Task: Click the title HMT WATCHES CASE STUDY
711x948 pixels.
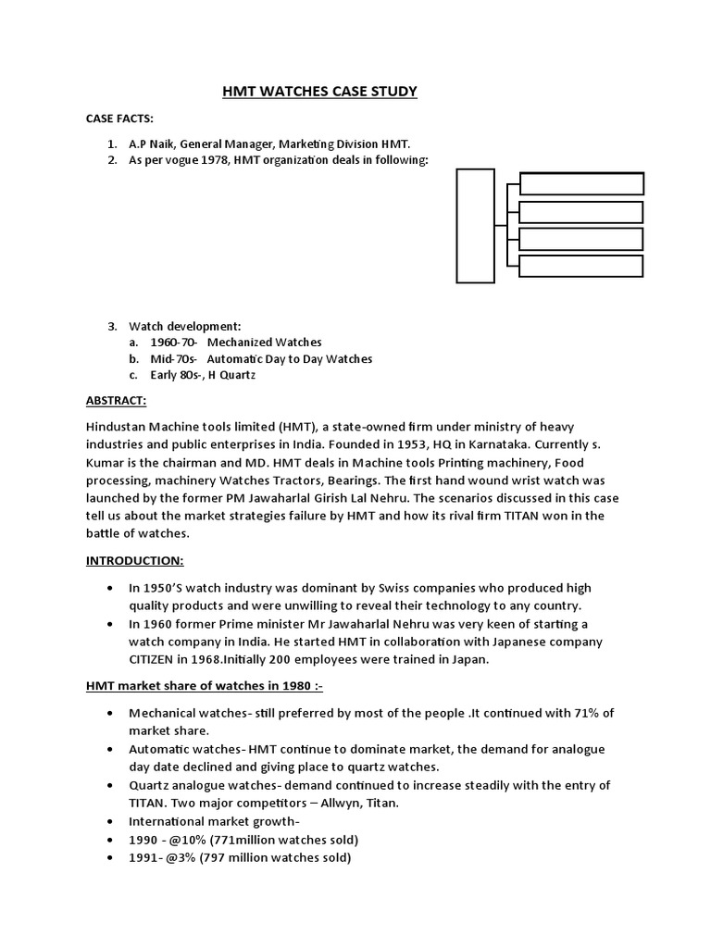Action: tap(319, 91)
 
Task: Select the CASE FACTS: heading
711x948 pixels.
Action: tap(119, 119)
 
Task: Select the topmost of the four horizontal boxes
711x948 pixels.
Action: tap(580, 183)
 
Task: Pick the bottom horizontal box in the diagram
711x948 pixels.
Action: tap(580, 266)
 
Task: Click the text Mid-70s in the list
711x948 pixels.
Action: tap(174, 358)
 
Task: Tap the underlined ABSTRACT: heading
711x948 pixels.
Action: tap(117, 401)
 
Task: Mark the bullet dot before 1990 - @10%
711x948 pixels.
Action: tap(111, 840)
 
